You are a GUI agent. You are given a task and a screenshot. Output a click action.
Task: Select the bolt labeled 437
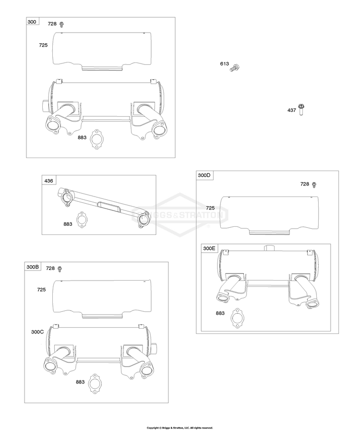tap(301, 110)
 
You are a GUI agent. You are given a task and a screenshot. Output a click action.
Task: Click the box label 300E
tap(209, 248)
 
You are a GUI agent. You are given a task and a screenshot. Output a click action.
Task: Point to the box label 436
tap(48, 181)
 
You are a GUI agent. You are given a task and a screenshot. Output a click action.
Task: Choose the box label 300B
tap(33, 267)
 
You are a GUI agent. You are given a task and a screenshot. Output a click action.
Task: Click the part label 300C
tap(37, 332)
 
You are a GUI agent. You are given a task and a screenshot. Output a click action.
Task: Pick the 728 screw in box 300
tap(61, 25)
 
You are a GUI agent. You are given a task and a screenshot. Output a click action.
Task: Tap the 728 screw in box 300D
tap(314, 185)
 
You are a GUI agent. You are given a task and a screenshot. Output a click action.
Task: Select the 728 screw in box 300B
tap(60, 270)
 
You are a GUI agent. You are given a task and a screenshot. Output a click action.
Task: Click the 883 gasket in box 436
tap(82, 220)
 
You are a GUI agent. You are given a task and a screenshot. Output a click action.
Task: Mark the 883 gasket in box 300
tap(96, 139)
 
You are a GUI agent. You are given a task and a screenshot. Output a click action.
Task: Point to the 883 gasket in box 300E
tap(237, 318)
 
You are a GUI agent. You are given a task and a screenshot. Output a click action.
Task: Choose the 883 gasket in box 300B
tap(95, 384)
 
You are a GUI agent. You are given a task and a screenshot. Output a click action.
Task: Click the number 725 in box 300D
tap(210, 208)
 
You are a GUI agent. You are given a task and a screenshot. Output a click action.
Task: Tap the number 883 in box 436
tap(68, 224)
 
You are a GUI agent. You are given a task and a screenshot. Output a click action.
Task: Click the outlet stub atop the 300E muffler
tap(269, 248)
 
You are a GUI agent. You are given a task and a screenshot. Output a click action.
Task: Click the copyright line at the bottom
tap(180, 428)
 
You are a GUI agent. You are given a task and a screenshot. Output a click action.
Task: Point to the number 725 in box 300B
tap(41, 290)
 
